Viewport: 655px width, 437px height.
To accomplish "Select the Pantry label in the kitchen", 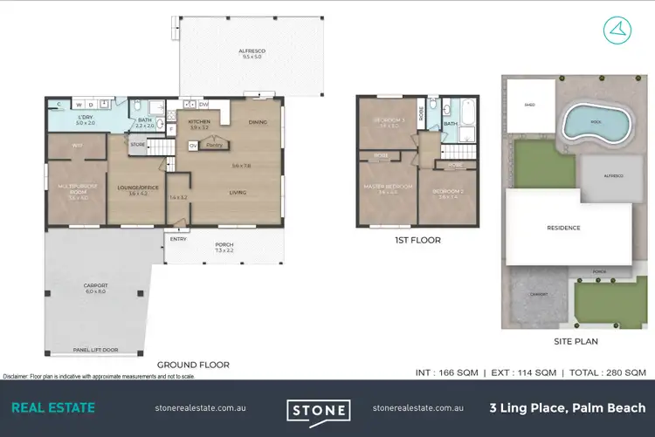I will (x=212, y=146).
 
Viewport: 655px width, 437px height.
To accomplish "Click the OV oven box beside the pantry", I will (x=193, y=146).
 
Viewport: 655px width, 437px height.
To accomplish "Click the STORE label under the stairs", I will (x=138, y=143).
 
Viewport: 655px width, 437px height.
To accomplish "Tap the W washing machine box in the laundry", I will (x=78, y=104).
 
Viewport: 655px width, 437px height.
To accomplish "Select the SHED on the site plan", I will (x=529, y=106).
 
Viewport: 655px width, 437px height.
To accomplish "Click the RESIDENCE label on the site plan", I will (x=563, y=228).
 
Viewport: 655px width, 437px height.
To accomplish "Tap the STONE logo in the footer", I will (x=319, y=408).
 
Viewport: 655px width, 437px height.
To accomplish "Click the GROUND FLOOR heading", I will (x=193, y=365).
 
